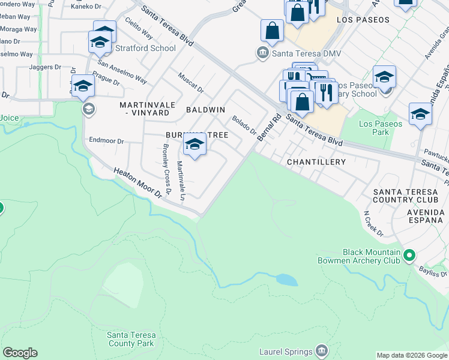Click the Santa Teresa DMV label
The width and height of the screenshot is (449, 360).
[x=306, y=53]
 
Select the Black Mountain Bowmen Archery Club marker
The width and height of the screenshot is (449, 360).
[x=410, y=256]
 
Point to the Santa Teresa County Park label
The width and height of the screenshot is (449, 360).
[x=131, y=339]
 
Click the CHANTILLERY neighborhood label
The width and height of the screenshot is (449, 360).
[x=316, y=162]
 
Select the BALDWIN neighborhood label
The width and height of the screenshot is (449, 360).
[x=205, y=110]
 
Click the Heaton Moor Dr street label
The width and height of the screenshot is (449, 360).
[x=138, y=183]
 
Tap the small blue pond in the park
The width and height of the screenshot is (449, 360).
[x=286, y=280]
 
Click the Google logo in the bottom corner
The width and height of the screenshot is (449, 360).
[x=20, y=353]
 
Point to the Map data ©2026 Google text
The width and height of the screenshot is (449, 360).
[x=412, y=355]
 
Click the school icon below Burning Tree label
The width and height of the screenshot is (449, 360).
[x=194, y=145]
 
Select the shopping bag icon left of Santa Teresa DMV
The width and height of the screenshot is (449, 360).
[x=272, y=31]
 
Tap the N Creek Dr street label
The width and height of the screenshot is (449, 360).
[x=373, y=222]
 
